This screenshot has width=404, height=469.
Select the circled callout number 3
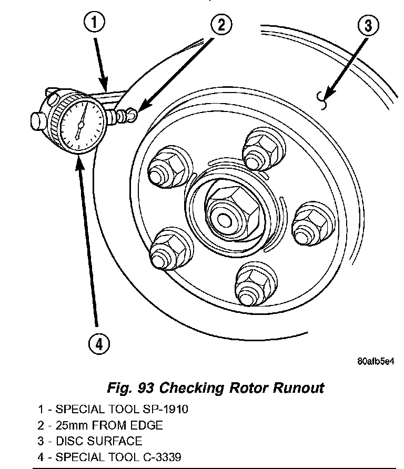coord(368,25)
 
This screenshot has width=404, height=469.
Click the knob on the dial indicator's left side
coord(36,119)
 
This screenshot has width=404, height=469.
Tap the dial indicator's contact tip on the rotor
coord(133,113)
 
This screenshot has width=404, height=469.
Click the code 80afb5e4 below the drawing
coord(375,362)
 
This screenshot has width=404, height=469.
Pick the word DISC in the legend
coord(68,441)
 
